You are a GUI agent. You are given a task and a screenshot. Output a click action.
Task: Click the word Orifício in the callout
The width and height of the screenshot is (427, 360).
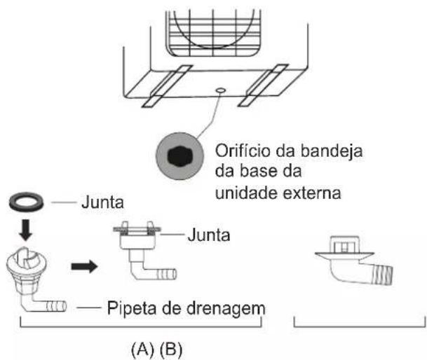coord(243,151)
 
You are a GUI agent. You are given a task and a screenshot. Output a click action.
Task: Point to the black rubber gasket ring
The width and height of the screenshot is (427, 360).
coord(26,201)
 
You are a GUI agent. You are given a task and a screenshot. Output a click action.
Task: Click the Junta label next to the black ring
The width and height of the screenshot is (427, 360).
coord(102,202)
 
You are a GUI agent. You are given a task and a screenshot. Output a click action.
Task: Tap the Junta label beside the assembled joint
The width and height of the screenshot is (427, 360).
coord(209,235)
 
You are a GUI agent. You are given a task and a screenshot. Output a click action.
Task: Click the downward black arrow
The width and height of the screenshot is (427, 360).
coord(27,230)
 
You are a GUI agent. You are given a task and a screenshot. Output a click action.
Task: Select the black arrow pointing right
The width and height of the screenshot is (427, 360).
coord(84,266)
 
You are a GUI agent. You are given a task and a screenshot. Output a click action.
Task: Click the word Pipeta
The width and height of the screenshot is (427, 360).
coord(132,309)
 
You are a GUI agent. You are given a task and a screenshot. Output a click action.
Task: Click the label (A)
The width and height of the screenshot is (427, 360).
coord(143,349)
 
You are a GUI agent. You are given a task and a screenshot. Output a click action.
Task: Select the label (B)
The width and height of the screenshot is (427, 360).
coord(171,349)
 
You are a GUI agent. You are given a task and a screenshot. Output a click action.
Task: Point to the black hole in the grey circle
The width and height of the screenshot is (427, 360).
coord(180,156)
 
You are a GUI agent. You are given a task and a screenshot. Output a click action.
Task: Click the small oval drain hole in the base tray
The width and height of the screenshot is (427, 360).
coord(220,90)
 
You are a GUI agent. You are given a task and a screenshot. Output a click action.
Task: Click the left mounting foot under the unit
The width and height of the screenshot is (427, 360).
coord(167,85)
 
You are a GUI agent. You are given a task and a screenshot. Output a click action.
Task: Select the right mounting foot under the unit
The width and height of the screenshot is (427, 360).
coord(263,85)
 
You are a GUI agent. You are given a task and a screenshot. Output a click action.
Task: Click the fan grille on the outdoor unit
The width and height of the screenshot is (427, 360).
coord(213,33)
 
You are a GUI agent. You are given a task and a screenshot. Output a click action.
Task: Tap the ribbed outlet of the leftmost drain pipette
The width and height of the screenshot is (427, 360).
coord(56,306)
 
